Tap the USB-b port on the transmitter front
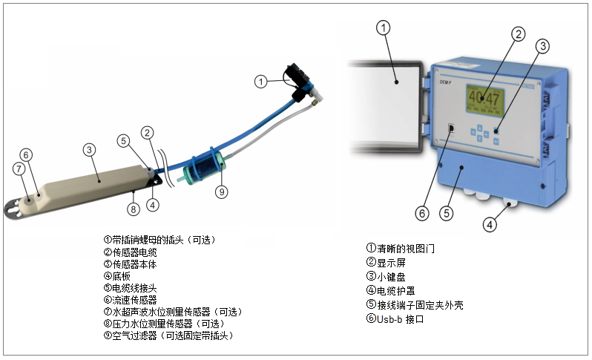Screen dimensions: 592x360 (x=451, y=128)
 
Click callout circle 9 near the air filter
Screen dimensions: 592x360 (x=222, y=192)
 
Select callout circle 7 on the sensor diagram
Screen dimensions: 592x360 (x=19, y=168)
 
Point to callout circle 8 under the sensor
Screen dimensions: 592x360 (x=134, y=209)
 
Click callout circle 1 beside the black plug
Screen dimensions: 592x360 (x=260, y=81)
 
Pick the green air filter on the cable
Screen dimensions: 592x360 (x=204, y=168)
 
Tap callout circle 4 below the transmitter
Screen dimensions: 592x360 (x=490, y=225)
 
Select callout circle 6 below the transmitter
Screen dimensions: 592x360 (x=422, y=214)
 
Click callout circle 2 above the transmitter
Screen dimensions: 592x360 (x=519, y=34)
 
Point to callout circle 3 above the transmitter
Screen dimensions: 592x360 (x=542, y=46)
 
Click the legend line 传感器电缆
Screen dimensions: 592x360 (x=131, y=252)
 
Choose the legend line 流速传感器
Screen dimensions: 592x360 (x=131, y=300)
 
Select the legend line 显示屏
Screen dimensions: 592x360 (x=386, y=263)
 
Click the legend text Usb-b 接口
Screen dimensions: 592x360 (x=395, y=319)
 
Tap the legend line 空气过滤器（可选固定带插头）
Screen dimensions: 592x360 (x=169, y=336)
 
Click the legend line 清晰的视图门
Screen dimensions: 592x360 (x=401, y=249)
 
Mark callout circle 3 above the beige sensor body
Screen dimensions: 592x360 (x=89, y=150)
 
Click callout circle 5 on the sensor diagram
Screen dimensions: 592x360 (x=123, y=141)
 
